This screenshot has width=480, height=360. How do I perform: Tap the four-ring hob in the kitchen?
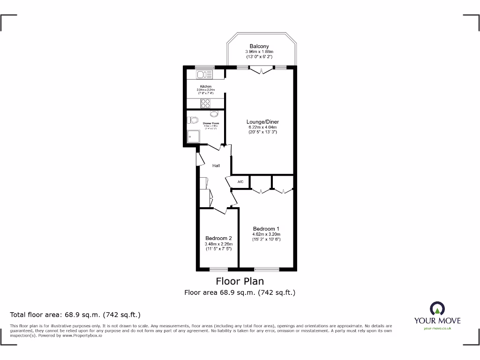[x=206, y=103]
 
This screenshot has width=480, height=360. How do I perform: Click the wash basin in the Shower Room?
[x=214, y=114]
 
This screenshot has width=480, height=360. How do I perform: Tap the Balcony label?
[x=259, y=46]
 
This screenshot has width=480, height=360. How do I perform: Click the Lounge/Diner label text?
[x=263, y=122]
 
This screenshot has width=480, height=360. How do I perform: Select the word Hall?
[x=216, y=165]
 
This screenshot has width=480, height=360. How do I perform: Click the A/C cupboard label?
[x=240, y=182]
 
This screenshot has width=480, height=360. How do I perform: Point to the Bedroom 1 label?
[x=266, y=229]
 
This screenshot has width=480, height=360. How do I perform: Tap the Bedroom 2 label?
[x=218, y=238]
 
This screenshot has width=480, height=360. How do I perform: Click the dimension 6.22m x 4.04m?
[x=263, y=127]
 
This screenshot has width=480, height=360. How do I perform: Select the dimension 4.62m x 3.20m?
[x=266, y=234]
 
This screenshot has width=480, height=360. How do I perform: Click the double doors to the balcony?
[x=260, y=70]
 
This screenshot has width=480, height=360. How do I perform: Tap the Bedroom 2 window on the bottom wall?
[x=217, y=269]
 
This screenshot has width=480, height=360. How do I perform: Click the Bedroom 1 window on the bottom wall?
[x=266, y=269]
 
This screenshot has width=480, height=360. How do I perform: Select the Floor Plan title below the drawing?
[x=240, y=281]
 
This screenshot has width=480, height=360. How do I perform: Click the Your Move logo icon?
[x=437, y=308]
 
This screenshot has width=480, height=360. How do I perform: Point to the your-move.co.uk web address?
[x=437, y=329]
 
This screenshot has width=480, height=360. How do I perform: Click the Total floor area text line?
[x=75, y=315]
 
